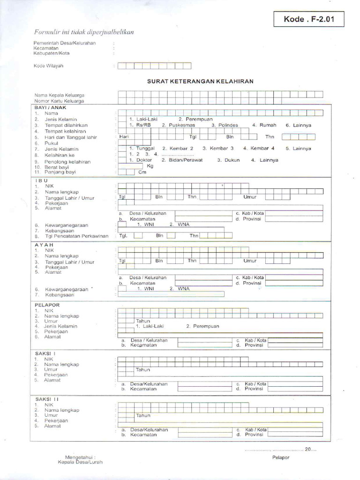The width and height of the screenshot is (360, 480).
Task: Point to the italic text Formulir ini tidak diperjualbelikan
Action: pyautogui.click(x=84, y=32)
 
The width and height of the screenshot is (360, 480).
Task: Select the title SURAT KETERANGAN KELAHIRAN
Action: pyautogui.click(x=200, y=81)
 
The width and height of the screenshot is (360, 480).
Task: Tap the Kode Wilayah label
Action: pyautogui.click(x=48, y=66)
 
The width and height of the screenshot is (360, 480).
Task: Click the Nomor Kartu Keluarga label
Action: pyautogui.click(x=59, y=101)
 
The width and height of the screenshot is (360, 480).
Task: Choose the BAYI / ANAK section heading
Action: pyautogui.click(x=51, y=107)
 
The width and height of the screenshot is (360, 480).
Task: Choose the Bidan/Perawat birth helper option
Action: pyautogui.click(x=182, y=160)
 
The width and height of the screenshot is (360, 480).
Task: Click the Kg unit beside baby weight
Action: pyautogui.click(x=150, y=166)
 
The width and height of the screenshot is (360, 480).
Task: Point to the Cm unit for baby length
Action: pyautogui.click(x=142, y=172)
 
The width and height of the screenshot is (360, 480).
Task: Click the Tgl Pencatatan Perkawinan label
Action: pyautogui.click(x=76, y=236)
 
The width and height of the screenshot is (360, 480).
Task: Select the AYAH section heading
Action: pyautogui.click(x=44, y=245)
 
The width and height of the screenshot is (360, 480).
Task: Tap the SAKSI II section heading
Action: pyautogui.click(x=47, y=399)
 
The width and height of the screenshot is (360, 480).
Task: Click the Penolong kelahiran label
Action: pyautogui.click(x=67, y=162)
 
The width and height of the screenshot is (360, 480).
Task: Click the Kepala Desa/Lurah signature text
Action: pyautogui.click(x=80, y=462)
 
